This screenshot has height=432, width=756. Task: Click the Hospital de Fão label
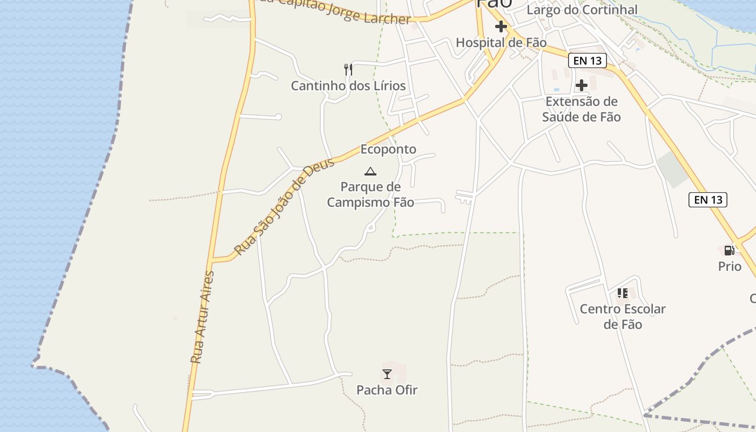coord(501,43)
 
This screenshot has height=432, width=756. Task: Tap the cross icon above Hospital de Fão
coord(501,26)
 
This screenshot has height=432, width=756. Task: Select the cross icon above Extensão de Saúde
coord(582,85)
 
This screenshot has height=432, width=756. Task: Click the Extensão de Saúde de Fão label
coord(582,109)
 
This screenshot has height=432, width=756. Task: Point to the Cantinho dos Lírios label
coord(348,86)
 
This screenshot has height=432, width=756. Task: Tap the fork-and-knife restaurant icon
coord(348,69)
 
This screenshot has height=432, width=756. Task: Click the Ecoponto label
coord(388,149)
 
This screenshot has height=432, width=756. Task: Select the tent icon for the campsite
coord(370,172)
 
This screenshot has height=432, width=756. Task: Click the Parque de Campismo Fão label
coord(370,194)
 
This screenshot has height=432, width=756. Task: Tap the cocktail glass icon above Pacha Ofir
coord(387,374)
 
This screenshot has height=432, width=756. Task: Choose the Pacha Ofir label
coord(387,390)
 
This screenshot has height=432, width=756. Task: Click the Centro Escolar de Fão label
coord(623,316)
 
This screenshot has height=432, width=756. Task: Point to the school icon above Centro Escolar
coord(623,293)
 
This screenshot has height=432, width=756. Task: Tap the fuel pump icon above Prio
coord(729,250)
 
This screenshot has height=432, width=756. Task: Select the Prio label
coord(730,266)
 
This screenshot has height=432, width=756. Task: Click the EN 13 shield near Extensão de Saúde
coord(588,60)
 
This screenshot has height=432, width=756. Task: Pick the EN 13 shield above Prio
coord(708,200)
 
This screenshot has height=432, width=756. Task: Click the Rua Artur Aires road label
coord(202,316)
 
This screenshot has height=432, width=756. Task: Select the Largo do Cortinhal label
coord(582,10)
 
